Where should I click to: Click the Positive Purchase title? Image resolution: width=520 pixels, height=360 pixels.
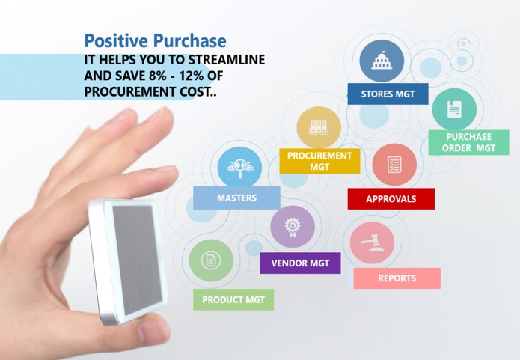[x=155, y=41]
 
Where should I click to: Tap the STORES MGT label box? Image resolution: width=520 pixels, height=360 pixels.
[x=388, y=94]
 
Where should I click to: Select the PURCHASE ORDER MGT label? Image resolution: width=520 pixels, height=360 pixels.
[x=468, y=142]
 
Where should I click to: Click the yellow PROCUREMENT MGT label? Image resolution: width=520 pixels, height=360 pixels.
[x=319, y=161]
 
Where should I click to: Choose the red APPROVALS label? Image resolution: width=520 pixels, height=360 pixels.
[x=391, y=199]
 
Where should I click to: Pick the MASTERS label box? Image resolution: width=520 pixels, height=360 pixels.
[x=236, y=198]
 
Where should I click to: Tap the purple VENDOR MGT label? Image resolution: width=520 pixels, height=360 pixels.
[x=300, y=263]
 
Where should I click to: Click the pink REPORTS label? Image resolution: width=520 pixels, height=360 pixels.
[x=397, y=278]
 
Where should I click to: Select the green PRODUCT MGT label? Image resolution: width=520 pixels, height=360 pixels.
[x=233, y=299]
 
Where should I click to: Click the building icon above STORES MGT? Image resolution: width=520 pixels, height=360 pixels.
[x=382, y=61]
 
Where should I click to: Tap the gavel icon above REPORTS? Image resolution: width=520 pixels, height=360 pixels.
[x=371, y=242]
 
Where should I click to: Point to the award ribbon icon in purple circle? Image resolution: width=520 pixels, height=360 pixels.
[x=292, y=227]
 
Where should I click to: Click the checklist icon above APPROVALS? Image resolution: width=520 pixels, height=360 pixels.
[x=394, y=164]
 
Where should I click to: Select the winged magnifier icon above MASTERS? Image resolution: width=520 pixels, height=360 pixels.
[x=239, y=167]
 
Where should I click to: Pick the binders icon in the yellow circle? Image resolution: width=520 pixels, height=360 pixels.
[x=319, y=128]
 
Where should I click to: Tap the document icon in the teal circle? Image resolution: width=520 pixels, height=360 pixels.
[x=454, y=109]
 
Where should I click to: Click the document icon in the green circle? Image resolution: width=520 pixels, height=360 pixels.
[x=211, y=260]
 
